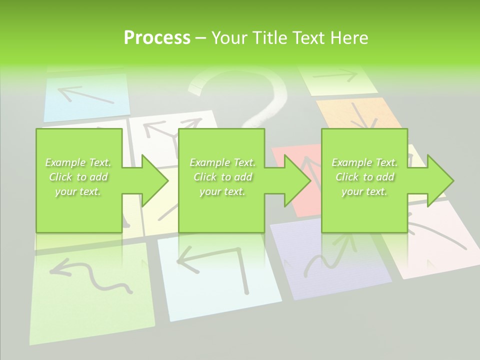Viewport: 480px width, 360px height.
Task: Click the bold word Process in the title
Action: point(157,38)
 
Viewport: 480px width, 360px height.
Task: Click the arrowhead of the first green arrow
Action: point(155,180)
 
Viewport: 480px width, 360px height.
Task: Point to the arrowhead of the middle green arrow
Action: point(298,180)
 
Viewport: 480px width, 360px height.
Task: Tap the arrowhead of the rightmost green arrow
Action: point(440,180)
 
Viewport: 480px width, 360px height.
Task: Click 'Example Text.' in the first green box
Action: point(78,162)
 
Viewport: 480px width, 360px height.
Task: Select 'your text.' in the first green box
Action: point(78,191)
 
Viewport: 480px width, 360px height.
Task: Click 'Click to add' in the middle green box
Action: point(222,177)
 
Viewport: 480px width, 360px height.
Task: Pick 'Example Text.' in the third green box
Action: point(364,162)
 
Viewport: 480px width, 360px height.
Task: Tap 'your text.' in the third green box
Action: point(364,191)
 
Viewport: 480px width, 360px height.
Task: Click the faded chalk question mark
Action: point(250,95)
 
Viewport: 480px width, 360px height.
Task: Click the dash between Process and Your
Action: point(201,38)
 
